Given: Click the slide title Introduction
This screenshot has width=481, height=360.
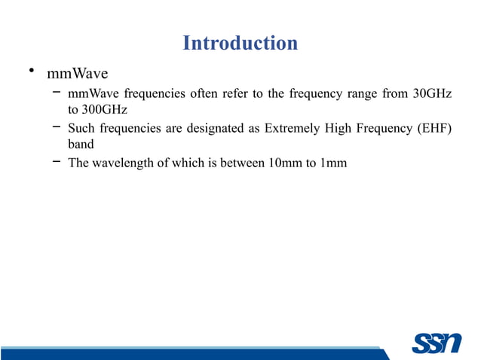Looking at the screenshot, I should click(240, 43).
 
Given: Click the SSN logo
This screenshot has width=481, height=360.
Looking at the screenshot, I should click(436, 343).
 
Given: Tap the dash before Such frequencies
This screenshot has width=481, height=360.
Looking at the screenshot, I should click(56, 127).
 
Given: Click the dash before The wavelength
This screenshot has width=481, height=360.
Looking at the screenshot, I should click(56, 161).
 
